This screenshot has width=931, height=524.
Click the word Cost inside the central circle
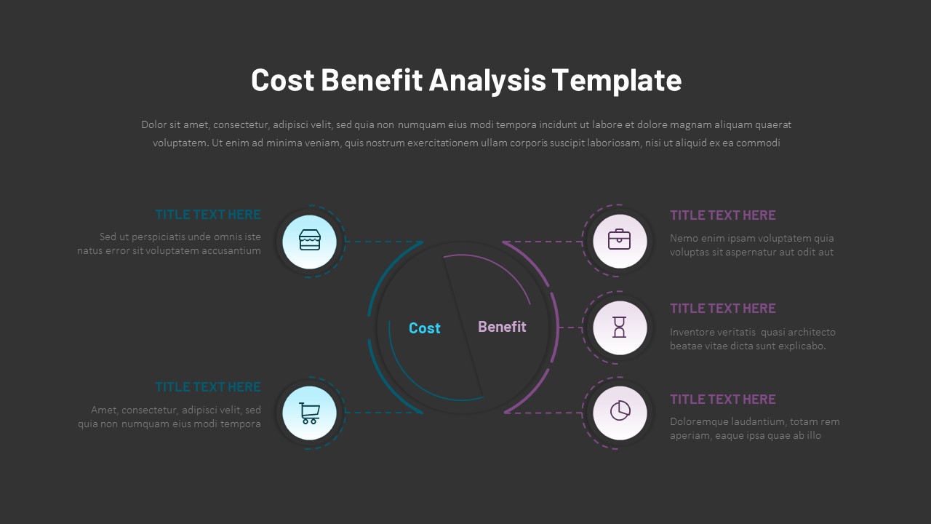point(425,328)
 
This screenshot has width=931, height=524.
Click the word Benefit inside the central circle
point(502,327)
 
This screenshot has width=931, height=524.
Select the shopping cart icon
point(309,413)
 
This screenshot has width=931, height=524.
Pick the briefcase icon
point(619,239)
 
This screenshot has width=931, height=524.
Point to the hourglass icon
point(619,327)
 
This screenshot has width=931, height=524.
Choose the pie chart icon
point(620,412)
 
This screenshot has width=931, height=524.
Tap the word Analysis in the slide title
point(487,80)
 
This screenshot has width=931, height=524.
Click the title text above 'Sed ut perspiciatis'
point(208,215)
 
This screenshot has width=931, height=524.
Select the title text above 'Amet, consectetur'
point(208,387)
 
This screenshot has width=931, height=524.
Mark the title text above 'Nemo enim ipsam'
point(722,215)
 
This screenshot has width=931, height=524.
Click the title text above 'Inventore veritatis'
point(722,309)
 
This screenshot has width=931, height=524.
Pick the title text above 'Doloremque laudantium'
point(722,400)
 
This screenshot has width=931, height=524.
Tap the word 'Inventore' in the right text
point(692,332)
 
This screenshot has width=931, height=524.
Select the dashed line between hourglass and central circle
point(572,327)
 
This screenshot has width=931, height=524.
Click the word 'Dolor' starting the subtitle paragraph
point(154,125)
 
